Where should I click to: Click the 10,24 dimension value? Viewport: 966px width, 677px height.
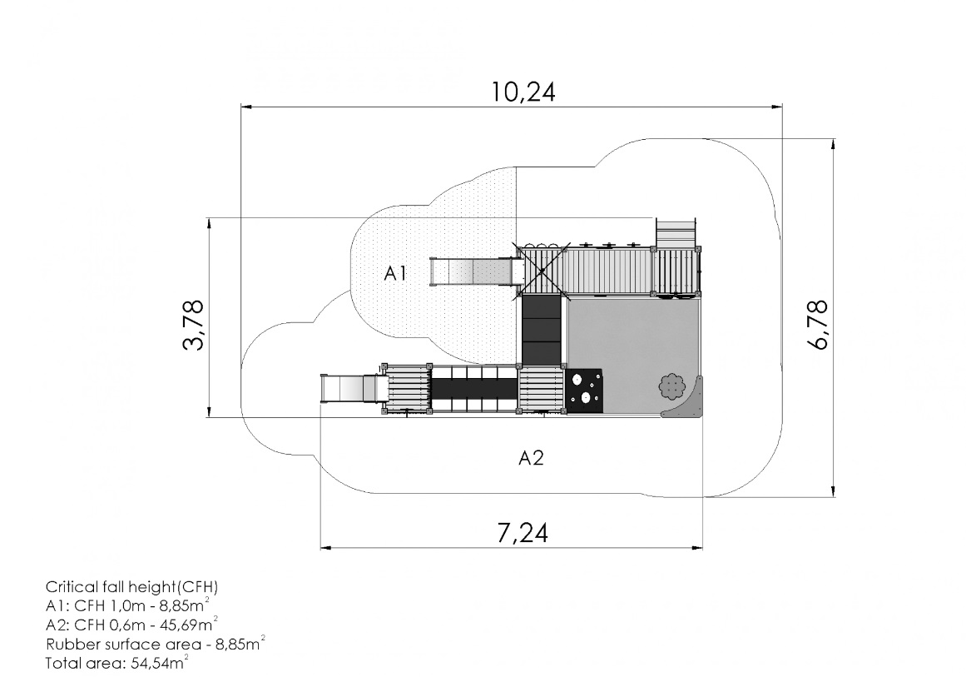pos(523,92)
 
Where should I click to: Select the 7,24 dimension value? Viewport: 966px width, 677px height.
pos(523,533)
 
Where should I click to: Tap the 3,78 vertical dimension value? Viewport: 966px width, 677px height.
pos(193,324)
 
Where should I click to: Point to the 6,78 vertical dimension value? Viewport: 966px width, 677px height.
pos(820,325)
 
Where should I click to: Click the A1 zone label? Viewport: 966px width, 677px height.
pos(395,273)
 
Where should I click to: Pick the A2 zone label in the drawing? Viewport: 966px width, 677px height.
pos(531,458)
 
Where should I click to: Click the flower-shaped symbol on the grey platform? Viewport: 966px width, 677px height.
pos(671,386)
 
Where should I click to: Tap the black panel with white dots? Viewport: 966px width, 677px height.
pos(583,390)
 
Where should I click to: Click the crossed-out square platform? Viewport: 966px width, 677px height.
pos(541,271)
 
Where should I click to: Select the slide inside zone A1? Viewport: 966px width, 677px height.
pos(473,272)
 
